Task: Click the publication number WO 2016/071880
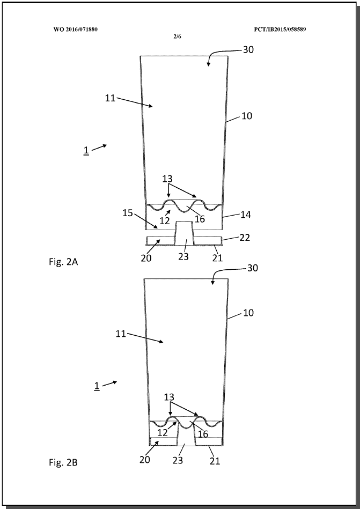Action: [x=76, y=29]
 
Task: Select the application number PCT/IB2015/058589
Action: [x=280, y=29]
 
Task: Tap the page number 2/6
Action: [x=177, y=36]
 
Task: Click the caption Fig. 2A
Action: [x=63, y=262]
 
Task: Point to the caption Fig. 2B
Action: [x=63, y=462]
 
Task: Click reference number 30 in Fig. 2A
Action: [x=248, y=50]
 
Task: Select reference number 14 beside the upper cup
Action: [x=246, y=215]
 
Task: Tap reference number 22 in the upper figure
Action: [x=245, y=238]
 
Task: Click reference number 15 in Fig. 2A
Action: [x=128, y=213]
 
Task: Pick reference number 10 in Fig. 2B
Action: [x=248, y=313]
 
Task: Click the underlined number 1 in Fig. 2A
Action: [x=86, y=151]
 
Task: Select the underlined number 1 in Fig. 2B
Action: [x=97, y=386]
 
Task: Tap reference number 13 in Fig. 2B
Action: [x=169, y=397]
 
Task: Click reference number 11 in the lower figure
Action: [x=121, y=334]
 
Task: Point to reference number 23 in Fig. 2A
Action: [x=183, y=257]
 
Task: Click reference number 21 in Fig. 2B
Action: [x=215, y=461]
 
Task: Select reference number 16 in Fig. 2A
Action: [x=200, y=219]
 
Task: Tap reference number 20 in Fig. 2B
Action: [x=145, y=460]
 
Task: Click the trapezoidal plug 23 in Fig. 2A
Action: [x=184, y=233]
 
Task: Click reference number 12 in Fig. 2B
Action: [x=163, y=433]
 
